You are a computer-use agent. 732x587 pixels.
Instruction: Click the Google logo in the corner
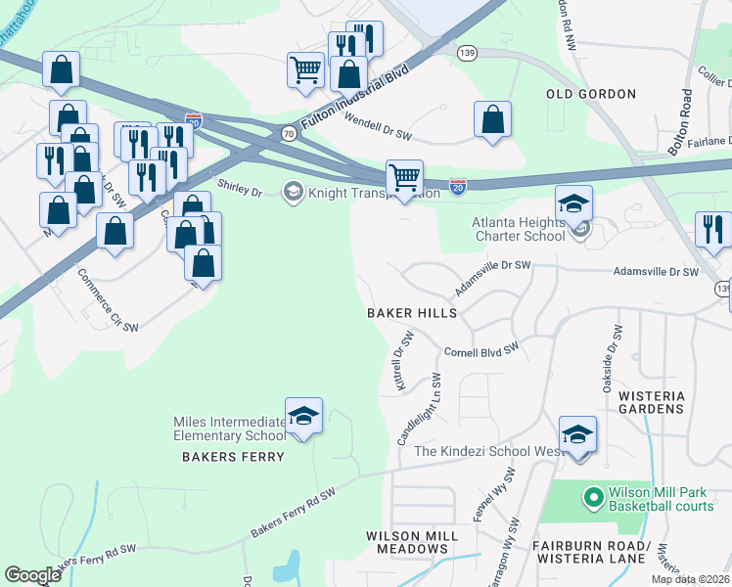tap(32, 574)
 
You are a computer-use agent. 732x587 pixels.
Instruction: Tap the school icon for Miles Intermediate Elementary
tap(303, 416)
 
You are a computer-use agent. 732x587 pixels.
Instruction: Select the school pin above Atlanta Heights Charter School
tap(573, 203)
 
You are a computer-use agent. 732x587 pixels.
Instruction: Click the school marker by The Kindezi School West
tap(577, 434)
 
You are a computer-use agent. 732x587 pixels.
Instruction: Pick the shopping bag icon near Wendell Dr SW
tap(493, 119)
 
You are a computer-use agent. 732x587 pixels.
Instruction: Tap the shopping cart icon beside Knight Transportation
tap(404, 178)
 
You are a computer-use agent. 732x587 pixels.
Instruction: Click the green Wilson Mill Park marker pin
tap(592, 498)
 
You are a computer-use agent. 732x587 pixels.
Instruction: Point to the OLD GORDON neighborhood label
tap(591, 94)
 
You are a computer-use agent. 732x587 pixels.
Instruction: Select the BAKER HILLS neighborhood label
tap(412, 313)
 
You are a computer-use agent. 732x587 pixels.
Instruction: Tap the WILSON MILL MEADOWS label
tap(411, 542)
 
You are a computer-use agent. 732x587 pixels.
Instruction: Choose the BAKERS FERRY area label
tap(233, 457)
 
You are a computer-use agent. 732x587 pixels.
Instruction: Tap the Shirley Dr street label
tap(239, 186)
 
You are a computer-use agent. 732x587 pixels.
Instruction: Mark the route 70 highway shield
tap(288, 132)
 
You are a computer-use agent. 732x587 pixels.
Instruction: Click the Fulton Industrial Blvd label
tap(354, 95)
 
